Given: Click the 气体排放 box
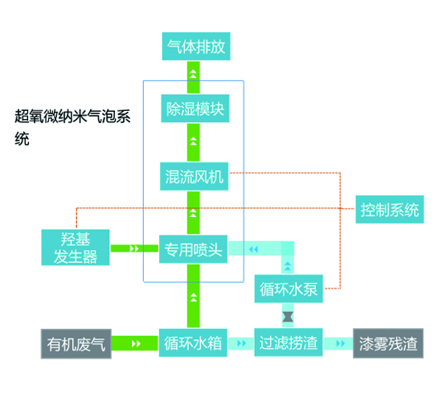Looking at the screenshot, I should (x=193, y=47).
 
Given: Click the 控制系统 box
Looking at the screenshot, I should (x=390, y=210).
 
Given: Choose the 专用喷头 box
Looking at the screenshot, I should (x=193, y=248).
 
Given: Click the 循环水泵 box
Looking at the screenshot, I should (x=289, y=289).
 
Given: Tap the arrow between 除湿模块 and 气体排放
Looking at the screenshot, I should (x=193, y=79).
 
